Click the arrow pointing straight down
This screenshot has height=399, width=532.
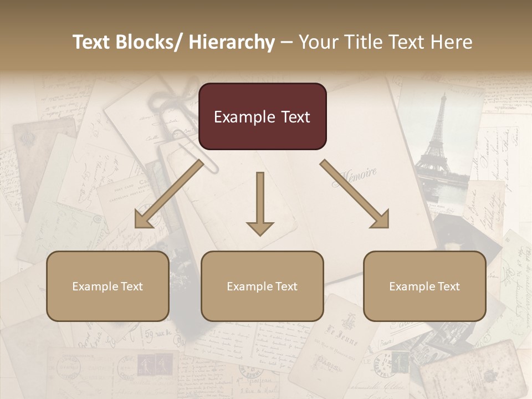260,205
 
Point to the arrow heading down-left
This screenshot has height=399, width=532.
169,194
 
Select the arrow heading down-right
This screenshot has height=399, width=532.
355,194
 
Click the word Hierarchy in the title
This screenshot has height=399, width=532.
232,42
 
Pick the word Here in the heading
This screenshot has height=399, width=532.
452,42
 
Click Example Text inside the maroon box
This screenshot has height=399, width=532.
262,117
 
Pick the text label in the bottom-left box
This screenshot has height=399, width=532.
108,287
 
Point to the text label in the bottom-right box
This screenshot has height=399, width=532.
424,287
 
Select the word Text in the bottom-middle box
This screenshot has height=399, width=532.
284,287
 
